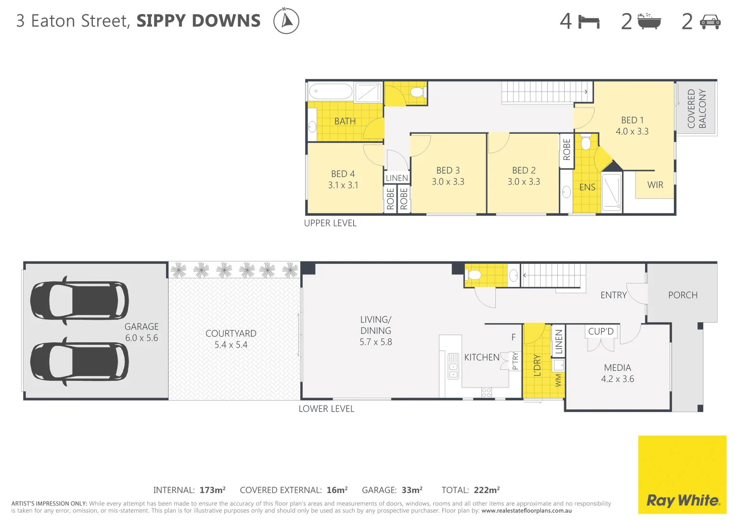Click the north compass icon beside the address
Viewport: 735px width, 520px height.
286,21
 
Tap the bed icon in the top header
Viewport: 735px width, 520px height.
589,22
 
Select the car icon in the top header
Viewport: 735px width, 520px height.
710,22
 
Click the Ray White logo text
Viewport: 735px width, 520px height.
683,501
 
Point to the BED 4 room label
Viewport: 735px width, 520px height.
343,174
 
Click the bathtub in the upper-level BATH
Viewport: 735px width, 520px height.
331,91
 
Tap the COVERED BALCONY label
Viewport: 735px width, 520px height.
696,108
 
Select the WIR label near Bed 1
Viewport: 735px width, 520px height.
655,185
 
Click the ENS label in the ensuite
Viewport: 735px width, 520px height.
587,187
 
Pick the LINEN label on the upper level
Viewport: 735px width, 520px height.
397,178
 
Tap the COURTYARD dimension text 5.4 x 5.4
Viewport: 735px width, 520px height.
231,345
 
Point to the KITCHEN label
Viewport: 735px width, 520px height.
482,357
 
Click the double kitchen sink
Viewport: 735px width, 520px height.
453,366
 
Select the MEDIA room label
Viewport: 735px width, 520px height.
618,367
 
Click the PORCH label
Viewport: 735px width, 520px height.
683,295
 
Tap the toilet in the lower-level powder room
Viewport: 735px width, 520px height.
474,275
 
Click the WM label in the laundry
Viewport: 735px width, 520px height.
558,380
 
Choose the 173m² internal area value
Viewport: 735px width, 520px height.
212,490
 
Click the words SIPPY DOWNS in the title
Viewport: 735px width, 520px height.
198,21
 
